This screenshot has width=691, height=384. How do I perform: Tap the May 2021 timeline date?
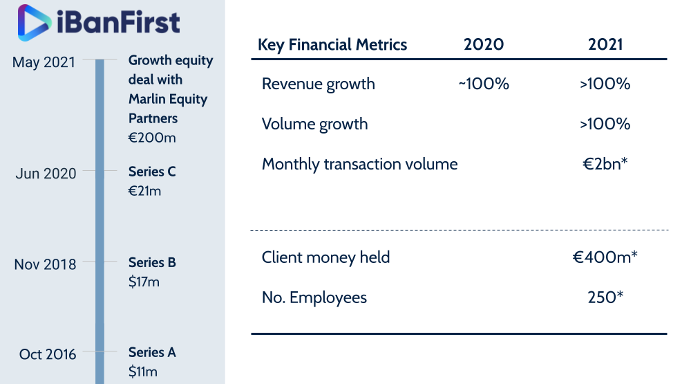coord(44,63)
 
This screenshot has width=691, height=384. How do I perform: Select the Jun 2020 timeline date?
coord(46,174)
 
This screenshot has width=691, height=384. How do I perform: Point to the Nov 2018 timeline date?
coord(45,264)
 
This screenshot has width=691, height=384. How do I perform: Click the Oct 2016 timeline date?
coord(48,354)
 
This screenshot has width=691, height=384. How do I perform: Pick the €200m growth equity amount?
coord(152,138)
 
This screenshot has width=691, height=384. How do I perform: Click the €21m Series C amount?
coord(144,191)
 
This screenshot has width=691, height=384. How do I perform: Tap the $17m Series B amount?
coord(144,282)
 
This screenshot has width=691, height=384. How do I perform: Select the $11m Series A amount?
coord(143,372)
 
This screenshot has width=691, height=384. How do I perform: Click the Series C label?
coord(152,172)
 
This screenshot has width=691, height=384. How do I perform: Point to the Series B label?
coord(152,263)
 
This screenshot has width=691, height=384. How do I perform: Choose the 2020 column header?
coord(484,44)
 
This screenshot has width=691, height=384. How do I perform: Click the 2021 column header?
coord(605,44)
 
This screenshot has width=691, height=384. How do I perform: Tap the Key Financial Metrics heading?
coord(332,45)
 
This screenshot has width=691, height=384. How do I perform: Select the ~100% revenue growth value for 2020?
coord(484,84)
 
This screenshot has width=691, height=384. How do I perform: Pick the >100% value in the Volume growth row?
coord(605,124)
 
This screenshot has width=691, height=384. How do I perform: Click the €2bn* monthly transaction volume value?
coord(605,164)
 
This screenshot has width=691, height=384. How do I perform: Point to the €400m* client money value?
coord(605,257)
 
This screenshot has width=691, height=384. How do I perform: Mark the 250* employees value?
coord(605,297)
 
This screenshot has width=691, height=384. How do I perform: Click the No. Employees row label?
coord(314,298)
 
